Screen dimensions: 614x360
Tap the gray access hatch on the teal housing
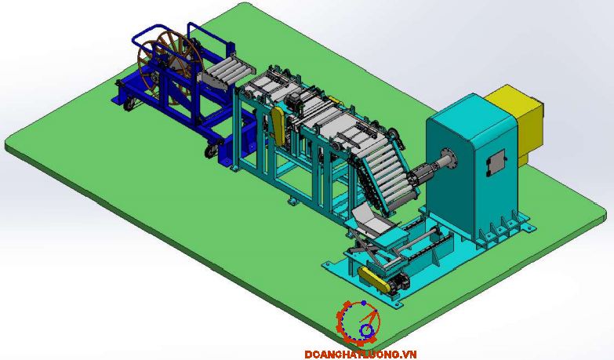point(496,162)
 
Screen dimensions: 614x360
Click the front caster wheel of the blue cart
point(212,150)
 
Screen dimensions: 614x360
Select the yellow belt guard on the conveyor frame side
point(279,125)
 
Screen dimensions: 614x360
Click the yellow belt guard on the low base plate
point(374,279)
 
